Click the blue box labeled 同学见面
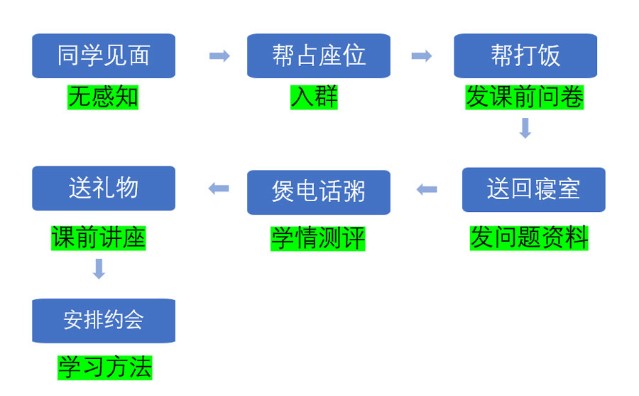[x=104, y=55]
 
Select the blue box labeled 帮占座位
[x=318, y=55]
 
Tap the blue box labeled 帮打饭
[x=525, y=55]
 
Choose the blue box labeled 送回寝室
[x=533, y=189]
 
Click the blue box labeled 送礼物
[x=104, y=188]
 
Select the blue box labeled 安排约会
[x=104, y=321]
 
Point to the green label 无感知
[x=103, y=97]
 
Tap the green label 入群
[x=314, y=97]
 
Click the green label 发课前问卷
[x=525, y=97]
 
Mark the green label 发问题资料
[x=529, y=237]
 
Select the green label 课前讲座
[x=98, y=237]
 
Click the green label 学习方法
[x=104, y=368]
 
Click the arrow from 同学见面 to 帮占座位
[x=219, y=56]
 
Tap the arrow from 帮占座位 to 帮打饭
[x=422, y=56]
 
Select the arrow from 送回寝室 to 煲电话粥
[x=427, y=189]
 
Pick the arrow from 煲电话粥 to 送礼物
[x=219, y=188]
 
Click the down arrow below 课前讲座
[x=99, y=269]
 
